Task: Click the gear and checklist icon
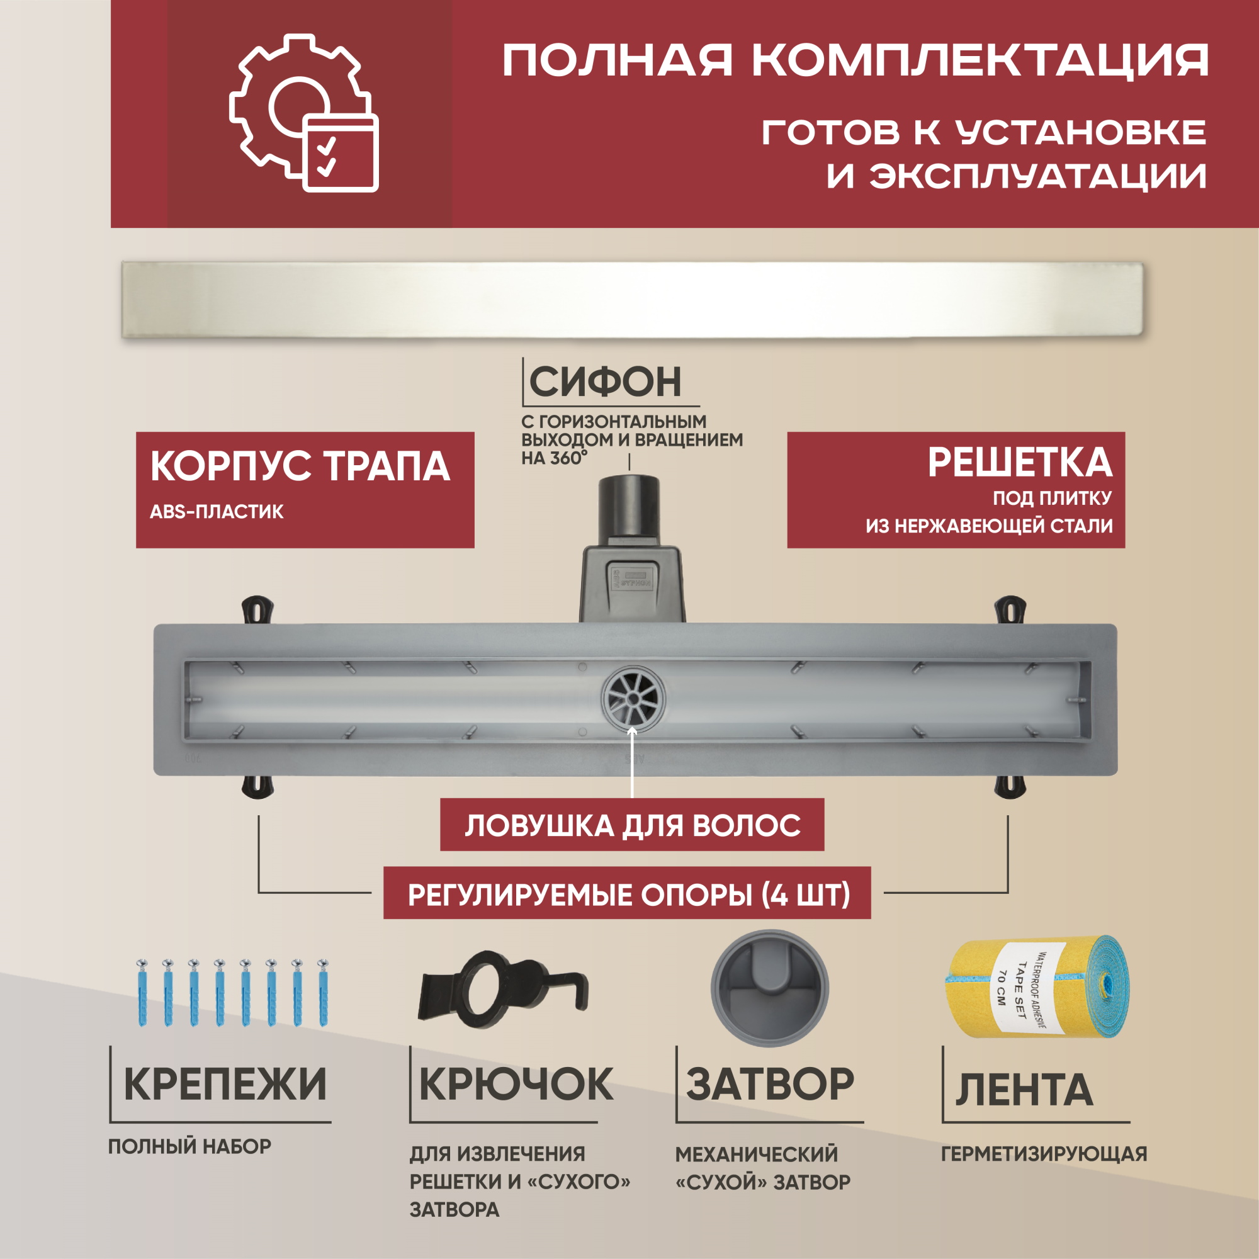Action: coord(303,113)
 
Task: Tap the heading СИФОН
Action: coord(606,382)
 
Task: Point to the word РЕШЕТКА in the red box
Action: coord(1020,463)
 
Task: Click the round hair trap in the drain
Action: coord(633,697)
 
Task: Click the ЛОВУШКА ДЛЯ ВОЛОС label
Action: coord(632,826)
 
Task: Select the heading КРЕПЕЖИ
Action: coord(225,1084)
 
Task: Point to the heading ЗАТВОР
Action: coord(770,1084)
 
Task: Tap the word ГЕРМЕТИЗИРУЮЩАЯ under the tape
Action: coord(1044,1153)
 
